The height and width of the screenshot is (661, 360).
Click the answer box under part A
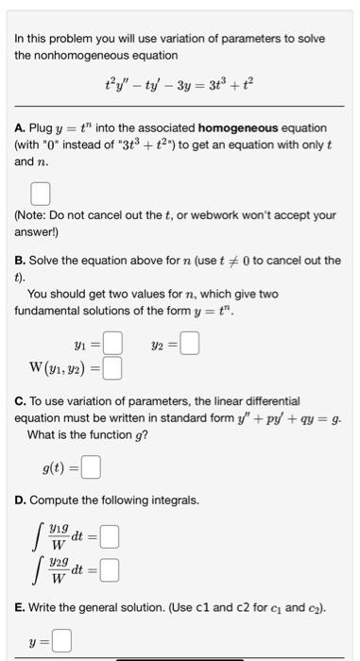pos(40,194)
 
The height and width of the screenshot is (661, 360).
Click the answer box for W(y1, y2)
pos(112,366)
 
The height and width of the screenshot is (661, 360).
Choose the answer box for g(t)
pos(91,465)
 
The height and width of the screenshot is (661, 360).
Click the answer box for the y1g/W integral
pos(110,539)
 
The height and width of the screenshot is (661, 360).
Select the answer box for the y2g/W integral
pos(110,570)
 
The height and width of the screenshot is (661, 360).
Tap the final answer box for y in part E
pos(61,641)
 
